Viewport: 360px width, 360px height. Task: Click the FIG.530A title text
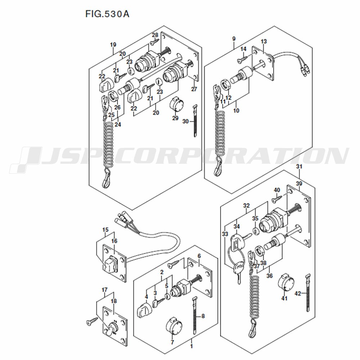click(x=107, y=14)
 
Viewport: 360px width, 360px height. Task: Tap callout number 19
click(x=113, y=45)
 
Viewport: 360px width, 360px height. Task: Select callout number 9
click(x=234, y=39)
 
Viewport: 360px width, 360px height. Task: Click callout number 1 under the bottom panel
click(x=192, y=346)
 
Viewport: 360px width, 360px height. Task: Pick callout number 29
click(x=175, y=118)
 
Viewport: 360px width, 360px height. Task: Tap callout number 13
click(x=264, y=42)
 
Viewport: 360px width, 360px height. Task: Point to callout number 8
click(x=203, y=316)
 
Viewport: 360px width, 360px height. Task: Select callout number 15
click(x=105, y=230)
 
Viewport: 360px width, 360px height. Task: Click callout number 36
click(x=269, y=276)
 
